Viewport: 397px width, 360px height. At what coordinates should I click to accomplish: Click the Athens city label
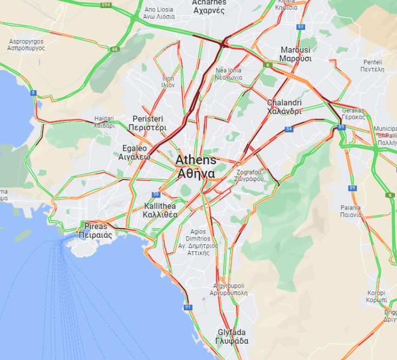coord(196,167)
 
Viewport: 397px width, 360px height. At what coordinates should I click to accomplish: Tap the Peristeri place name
coord(148,123)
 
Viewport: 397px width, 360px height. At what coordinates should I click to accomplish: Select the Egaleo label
coord(135,152)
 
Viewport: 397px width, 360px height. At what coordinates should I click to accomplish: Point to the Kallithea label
coord(160,210)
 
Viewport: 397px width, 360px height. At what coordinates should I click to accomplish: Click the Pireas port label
coord(96,231)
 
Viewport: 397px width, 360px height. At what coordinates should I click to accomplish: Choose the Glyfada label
coord(231,337)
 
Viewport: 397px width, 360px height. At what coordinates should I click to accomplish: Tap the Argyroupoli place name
coord(229,289)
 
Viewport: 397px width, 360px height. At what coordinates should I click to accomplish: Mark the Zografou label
coord(249,175)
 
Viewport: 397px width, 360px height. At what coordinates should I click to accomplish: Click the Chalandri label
coord(284,107)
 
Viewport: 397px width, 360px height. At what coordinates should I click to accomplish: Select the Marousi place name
coord(295,54)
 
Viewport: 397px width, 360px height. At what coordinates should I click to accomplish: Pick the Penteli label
coord(373,65)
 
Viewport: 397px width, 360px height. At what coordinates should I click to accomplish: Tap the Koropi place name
coord(376,296)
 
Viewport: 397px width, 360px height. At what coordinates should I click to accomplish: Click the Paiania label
coord(350,211)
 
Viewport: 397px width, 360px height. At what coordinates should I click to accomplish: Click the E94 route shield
coord(105,5)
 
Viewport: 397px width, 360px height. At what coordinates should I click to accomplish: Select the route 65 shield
coord(115,49)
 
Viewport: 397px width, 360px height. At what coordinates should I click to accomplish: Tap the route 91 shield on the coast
coord(188,307)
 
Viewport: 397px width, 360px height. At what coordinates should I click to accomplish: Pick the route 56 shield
coord(156,194)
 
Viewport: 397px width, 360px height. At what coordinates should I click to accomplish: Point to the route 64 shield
coord(289,129)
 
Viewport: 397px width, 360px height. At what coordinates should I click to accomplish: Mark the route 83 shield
coord(301,26)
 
